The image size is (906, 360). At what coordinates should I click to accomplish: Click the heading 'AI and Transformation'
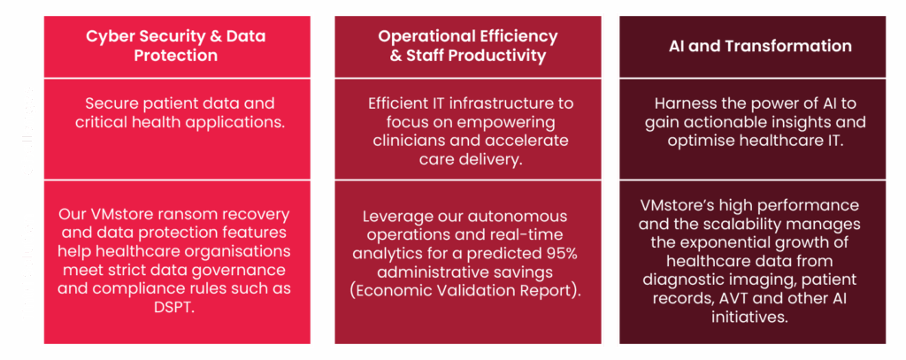[x=760, y=46]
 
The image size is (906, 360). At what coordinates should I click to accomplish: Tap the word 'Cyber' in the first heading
[x=107, y=36]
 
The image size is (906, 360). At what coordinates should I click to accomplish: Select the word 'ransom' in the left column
[x=183, y=215]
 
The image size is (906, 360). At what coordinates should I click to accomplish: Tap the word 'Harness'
[x=686, y=104]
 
